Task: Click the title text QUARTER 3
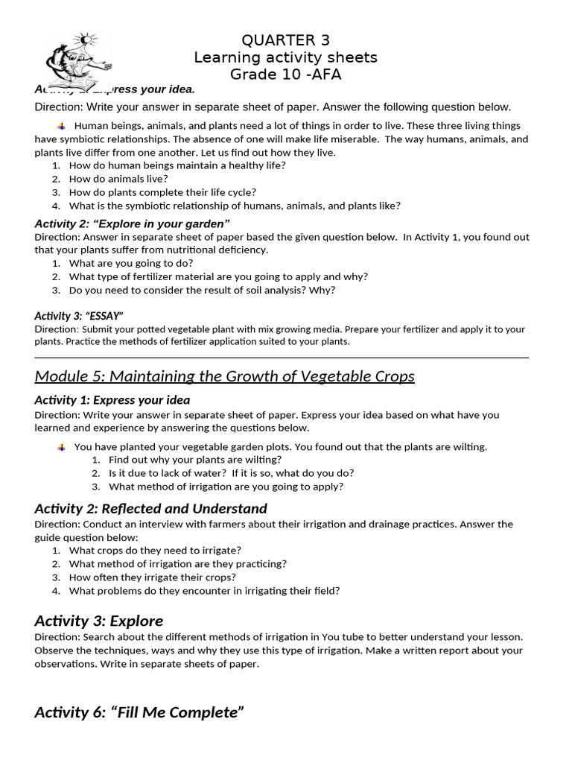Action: (x=285, y=40)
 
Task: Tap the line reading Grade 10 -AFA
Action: (x=285, y=75)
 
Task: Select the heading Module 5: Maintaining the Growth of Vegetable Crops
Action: (x=224, y=376)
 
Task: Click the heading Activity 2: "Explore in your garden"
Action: (x=132, y=224)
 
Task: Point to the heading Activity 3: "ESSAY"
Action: (x=79, y=315)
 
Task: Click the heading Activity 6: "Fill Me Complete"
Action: (x=139, y=712)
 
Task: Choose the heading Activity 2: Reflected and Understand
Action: (x=150, y=509)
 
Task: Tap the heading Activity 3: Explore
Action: (x=98, y=621)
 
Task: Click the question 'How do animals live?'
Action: (x=118, y=179)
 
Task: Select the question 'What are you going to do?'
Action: (x=131, y=263)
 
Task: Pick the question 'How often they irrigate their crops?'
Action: (x=153, y=577)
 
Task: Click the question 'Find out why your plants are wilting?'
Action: (x=185, y=460)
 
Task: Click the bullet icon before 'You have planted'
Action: (x=61, y=447)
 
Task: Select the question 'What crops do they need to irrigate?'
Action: (x=155, y=551)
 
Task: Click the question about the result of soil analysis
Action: (x=202, y=290)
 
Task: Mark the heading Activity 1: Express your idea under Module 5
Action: (x=112, y=400)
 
